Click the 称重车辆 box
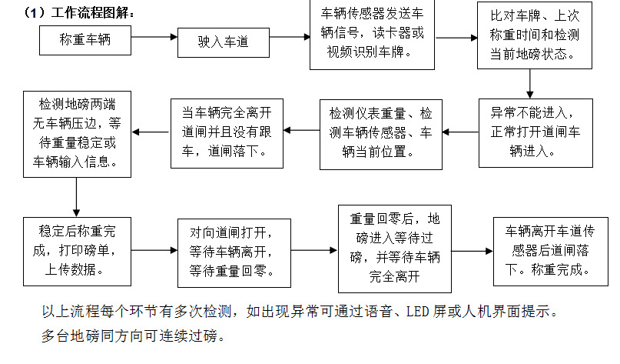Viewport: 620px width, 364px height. [85, 39]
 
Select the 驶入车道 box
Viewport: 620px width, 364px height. [224, 42]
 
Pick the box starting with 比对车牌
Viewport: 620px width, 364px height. [529, 36]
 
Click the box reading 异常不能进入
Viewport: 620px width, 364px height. [529, 132]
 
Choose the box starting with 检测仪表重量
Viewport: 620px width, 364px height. [380, 133]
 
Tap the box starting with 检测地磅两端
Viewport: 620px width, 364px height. [76, 132]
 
